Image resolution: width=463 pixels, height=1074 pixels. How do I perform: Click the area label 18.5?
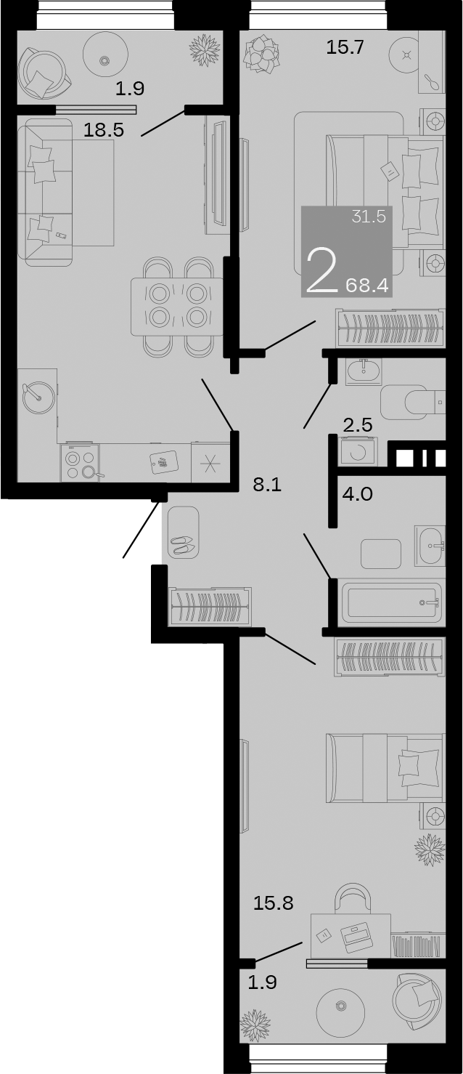pos(105,131)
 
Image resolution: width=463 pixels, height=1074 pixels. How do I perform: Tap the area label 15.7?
pos(345,49)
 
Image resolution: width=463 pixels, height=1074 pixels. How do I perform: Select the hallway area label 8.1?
pos(266,485)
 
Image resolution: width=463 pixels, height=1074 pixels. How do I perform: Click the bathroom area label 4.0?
pos(357,495)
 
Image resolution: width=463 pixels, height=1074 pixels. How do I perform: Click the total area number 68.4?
pos(367,285)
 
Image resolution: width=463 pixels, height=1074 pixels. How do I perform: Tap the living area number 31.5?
pos(368,217)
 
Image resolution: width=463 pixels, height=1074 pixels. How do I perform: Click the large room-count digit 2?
pos(321,270)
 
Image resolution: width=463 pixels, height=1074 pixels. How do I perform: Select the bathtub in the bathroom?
pos(393,602)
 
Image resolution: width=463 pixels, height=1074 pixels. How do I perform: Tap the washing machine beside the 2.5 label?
pos(358,451)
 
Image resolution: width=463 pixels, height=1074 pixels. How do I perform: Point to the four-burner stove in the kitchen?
pos(81,464)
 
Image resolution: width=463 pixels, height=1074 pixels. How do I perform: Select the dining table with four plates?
pos(177,305)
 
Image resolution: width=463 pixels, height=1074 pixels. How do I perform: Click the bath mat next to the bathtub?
pos(381,554)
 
